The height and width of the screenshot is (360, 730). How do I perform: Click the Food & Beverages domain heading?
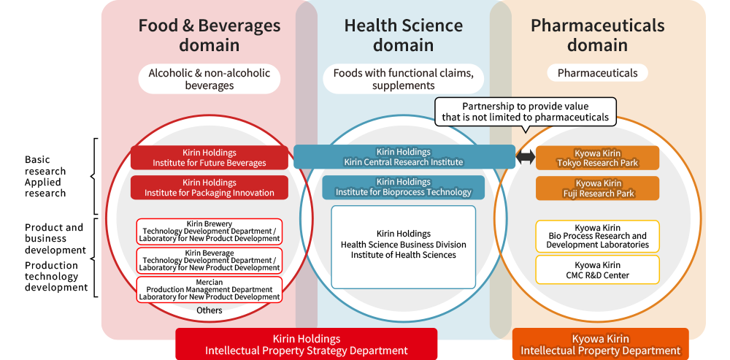point(210,35)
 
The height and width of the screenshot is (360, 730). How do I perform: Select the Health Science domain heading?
point(403,35)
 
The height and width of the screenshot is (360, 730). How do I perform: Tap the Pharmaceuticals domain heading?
point(597,35)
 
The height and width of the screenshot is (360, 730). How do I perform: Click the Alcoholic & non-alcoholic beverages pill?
point(210,79)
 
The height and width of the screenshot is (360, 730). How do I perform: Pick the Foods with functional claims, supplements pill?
point(403,79)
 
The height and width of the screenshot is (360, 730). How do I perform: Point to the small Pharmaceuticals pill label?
point(597,73)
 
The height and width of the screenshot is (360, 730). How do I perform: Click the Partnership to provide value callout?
point(526,112)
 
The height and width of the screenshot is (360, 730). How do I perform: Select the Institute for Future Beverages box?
point(210,158)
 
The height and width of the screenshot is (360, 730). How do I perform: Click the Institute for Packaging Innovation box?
point(210,188)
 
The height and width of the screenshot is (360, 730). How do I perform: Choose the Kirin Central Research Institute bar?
point(404,157)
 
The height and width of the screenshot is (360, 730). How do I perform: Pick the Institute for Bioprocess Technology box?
point(404,187)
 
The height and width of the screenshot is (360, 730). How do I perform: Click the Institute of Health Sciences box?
point(404,247)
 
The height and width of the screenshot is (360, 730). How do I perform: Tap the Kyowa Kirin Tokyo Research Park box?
point(597,158)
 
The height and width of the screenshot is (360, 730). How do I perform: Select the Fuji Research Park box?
point(597,188)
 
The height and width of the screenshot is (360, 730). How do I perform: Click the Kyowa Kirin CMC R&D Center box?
point(597,269)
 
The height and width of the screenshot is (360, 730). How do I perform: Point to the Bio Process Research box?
point(597,236)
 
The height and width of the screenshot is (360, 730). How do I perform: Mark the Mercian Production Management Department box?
point(210,289)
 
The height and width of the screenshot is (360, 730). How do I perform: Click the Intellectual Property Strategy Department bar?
point(307,345)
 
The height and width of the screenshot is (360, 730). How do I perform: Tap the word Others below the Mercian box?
point(210,310)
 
